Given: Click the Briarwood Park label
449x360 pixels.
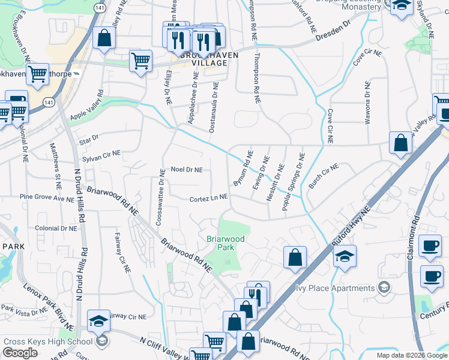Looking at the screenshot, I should click(226, 242).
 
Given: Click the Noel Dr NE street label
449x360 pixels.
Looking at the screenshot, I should click(187, 170).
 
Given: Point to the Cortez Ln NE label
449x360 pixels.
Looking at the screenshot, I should click(208, 197).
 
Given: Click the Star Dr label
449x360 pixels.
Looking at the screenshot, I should click(88, 140).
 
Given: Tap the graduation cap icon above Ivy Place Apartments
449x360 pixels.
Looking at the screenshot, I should click(345, 256).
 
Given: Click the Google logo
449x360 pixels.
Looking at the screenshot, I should click(20, 353).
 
